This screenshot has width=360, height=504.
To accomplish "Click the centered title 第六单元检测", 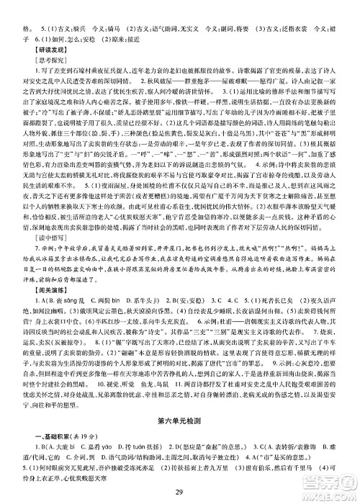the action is [180, 420].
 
